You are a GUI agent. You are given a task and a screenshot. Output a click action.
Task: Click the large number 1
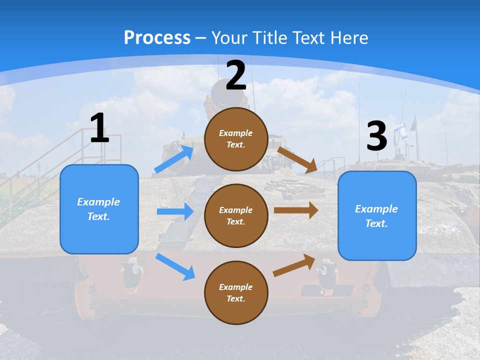coord(99,128)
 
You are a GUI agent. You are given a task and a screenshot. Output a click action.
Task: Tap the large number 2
coord(236,75)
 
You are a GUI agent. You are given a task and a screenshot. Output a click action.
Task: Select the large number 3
coord(376,136)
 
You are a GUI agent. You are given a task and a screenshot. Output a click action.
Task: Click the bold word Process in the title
coord(157,37)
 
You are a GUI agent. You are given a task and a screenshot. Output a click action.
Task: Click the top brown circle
coord(236,139)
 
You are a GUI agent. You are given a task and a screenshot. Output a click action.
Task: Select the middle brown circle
coord(236,215)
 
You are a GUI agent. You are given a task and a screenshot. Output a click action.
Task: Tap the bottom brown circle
coord(236,292)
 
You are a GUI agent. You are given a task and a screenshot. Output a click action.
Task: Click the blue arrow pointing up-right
coord(174,159)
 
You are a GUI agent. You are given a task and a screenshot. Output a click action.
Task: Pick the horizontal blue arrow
coord(175,211)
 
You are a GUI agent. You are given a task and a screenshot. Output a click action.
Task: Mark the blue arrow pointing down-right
coord(175,266)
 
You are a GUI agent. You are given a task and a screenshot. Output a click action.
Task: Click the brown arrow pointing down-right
coord(297,159)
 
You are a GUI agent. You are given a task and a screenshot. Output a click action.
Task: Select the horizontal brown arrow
coord(296,210)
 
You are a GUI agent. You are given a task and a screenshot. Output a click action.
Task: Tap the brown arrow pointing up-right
coord(294,265)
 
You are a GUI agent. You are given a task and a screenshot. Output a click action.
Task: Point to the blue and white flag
coord(400,132)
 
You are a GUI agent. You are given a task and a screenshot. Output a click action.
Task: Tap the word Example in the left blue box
coord(98,202)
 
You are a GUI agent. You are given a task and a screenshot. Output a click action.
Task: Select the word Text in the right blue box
coord(376,223)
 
